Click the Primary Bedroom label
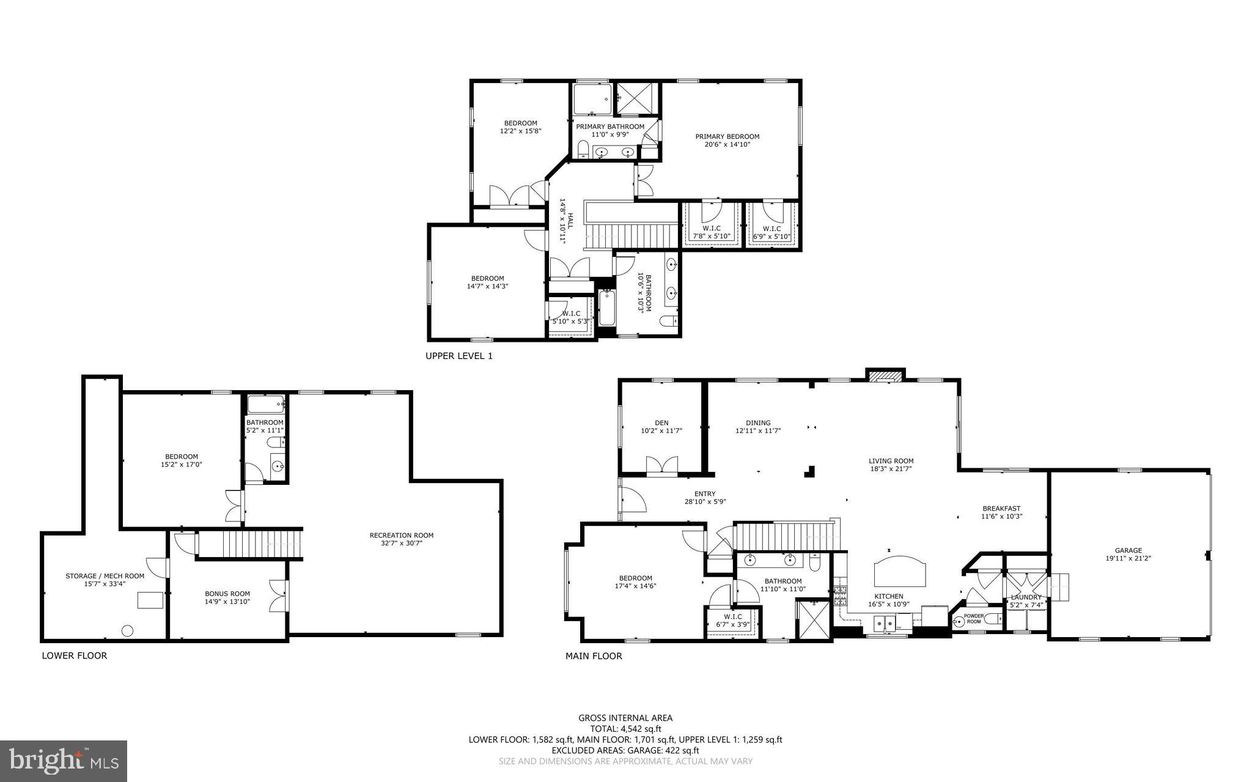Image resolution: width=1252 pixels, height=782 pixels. tap(727, 136)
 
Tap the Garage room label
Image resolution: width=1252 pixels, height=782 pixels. tap(1128, 550)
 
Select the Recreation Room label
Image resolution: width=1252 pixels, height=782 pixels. tap(401, 536)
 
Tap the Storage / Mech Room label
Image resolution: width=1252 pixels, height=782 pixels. tap(105, 576)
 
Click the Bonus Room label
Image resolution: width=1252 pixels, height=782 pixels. tap(227, 594)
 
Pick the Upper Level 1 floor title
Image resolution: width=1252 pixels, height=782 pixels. tap(458, 356)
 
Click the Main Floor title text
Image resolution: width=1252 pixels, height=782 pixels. tap(593, 656)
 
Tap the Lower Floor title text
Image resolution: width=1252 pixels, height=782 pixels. tap(74, 655)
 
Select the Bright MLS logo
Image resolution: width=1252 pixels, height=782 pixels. tap(64, 761)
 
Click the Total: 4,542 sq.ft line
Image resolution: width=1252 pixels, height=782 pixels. tap(625, 729)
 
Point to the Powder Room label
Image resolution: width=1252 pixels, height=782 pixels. tap(973, 619)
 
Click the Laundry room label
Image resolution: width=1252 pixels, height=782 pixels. tap(1026, 597)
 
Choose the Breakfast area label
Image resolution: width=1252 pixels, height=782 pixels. tap(1001, 509)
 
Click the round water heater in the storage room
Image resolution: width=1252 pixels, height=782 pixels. tap(128, 630)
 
